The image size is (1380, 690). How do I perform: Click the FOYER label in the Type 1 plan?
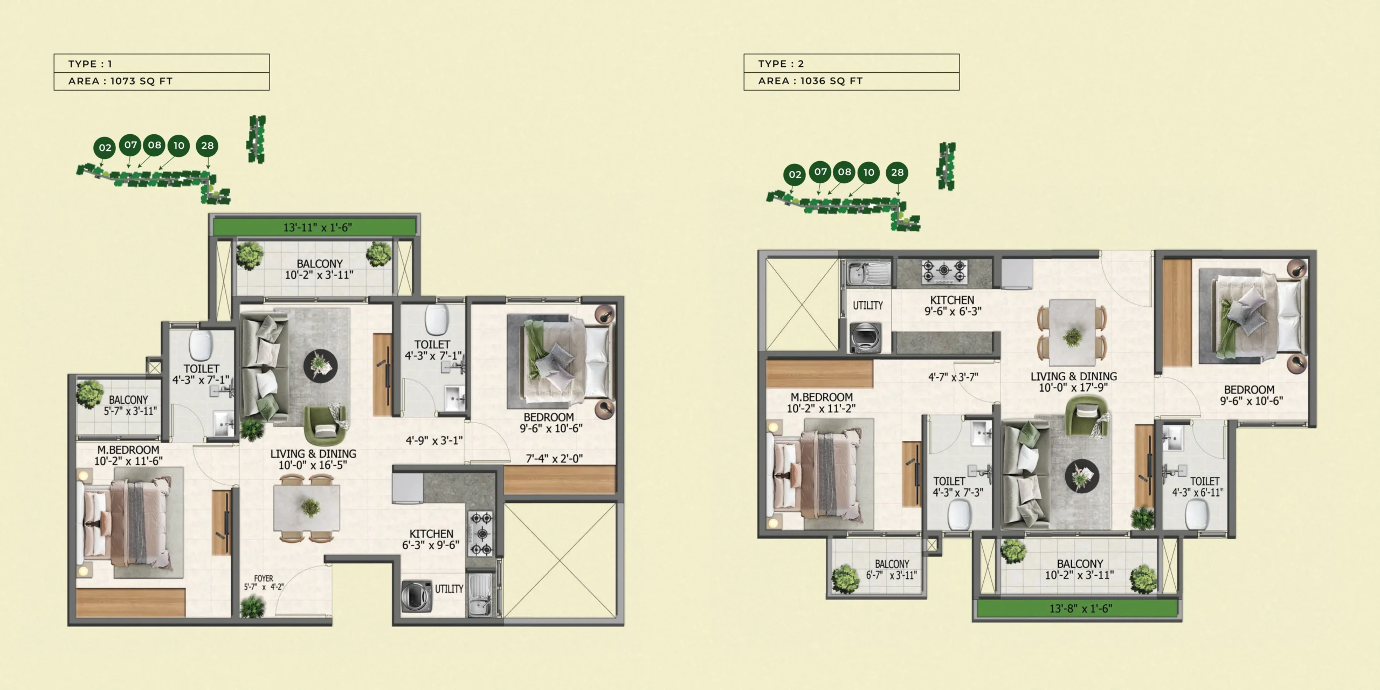coord(264,578)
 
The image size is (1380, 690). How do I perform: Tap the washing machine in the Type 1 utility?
coord(417,596)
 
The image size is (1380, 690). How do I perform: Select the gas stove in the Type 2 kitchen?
coord(944,272)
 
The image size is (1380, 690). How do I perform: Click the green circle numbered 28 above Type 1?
coord(208,146)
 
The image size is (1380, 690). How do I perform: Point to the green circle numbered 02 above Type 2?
coord(795,174)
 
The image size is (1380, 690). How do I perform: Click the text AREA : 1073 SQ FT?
coord(120,81)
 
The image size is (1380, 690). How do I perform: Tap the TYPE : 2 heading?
coord(781,64)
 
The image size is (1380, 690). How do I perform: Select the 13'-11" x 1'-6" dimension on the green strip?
coord(318,227)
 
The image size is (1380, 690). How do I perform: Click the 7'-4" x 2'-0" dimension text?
coord(554,459)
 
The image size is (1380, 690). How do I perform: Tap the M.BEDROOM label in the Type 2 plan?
coord(822,397)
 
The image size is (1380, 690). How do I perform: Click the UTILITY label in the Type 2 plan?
coord(867,306)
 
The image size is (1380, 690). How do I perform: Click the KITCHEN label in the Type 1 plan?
coord(431,534)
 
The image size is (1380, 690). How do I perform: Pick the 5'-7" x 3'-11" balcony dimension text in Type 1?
coord(130,411)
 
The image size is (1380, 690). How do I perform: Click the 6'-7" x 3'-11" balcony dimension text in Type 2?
coord(891,575)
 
